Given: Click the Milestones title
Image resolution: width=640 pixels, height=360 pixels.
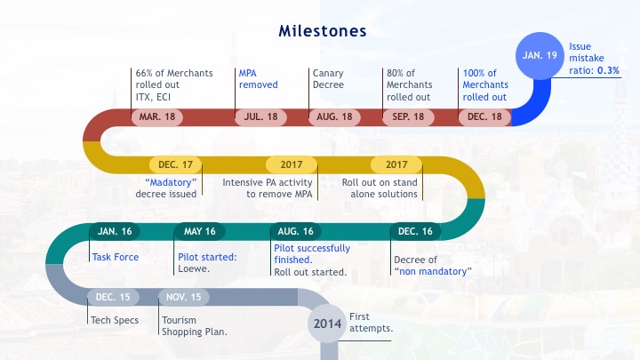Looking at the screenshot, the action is [323, 31].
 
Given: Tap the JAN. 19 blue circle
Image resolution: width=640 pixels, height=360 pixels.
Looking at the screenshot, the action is [540, 55].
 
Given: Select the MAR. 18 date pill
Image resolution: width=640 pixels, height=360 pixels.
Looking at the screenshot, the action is [157, 117].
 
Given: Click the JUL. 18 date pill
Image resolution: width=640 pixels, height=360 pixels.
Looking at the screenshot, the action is [260, 117].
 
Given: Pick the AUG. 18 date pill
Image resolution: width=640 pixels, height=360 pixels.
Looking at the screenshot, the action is [334, 117].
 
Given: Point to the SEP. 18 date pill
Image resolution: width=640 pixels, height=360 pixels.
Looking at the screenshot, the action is [408, 117].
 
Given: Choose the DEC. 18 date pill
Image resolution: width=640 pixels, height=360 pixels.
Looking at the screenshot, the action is [484, 117].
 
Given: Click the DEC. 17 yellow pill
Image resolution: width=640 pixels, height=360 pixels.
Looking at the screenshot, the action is [175, 165].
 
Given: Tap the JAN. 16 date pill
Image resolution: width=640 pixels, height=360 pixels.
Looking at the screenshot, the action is [115, 231].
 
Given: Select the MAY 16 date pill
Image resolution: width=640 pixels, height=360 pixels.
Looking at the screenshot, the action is [200, 231].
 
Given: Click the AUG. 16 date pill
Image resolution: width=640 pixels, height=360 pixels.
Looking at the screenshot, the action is [295, 231].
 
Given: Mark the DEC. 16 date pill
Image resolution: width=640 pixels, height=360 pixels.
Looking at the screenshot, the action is [415, 231].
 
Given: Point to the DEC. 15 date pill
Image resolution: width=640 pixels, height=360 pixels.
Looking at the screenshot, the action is [113, 297].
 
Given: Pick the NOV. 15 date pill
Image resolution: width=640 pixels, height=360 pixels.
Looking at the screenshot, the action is [184, 297].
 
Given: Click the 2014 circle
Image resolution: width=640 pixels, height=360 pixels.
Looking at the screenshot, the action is [327, 324].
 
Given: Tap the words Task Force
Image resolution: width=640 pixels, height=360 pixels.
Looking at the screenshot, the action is [116, 257].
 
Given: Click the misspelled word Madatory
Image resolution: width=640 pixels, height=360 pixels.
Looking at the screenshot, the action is [171, 182].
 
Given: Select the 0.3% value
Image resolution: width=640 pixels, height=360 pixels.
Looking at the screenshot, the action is [608, 70].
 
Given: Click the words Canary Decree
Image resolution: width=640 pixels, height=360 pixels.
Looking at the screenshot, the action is [328, 79].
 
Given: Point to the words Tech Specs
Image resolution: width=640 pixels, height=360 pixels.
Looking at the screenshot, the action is [115, 320].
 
